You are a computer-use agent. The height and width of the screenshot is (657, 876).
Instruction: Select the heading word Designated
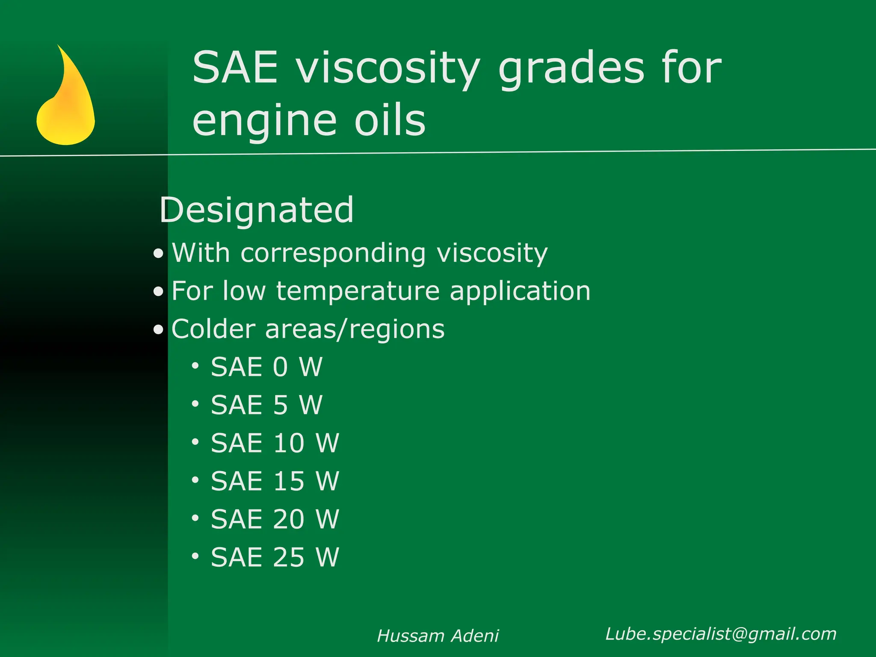pos(257,210)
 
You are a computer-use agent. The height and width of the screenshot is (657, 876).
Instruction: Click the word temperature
pos(358,291)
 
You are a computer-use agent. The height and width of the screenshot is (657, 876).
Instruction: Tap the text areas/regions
pos(355,329)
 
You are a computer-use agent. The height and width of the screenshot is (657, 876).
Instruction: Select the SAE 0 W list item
pos(266,367)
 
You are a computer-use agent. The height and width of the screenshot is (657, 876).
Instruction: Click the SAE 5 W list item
pos(266,405)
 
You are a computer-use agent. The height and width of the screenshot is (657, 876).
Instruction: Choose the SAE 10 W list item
pos(275,443)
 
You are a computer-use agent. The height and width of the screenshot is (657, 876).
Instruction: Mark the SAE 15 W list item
pos(275,481)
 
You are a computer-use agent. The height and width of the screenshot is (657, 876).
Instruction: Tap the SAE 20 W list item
pos(275,519)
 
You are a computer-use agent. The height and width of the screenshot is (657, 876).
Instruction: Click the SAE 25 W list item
pos(275,557)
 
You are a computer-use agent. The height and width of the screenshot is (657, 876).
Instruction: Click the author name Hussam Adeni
pos(438,636)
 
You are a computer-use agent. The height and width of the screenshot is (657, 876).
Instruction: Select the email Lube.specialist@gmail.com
pos(721,634)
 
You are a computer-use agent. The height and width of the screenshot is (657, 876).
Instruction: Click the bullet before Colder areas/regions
pos(159,330)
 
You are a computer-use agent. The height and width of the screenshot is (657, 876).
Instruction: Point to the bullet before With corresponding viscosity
pos(159,254)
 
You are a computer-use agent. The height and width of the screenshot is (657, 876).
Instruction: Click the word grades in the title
pos(571,68)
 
